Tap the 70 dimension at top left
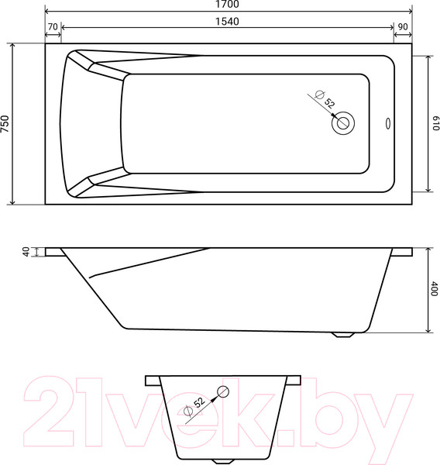click(x=53, y=26)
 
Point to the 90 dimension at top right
click(x=403, y=26)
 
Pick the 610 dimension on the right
click(x=435, y=124)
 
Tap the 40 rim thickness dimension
click(x=26, y=252)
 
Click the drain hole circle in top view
click(x=343, y=122)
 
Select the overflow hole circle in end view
click(x=224, y=391)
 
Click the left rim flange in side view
click(x=53, y=252)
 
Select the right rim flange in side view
click(x=402, y=252)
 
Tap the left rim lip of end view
click(x=150, y=381)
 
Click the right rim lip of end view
click(x=295, y=381)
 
